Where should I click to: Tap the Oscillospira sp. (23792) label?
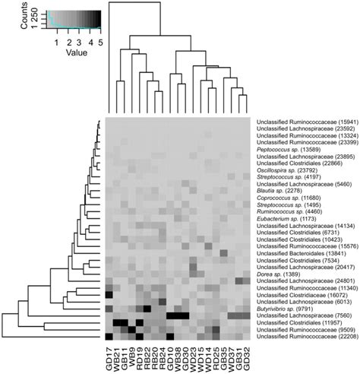286,170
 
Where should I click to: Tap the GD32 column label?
248,357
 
